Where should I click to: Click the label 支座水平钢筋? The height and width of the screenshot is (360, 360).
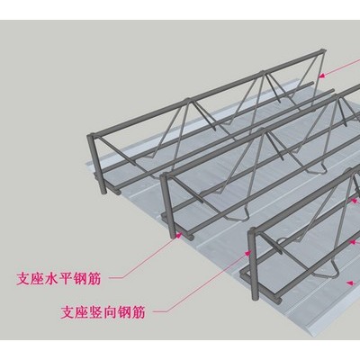point(58,279)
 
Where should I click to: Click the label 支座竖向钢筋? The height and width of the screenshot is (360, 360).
point(103,312)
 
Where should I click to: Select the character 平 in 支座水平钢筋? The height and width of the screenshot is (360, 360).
point(66,279)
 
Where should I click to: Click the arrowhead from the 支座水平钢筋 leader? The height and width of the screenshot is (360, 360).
point(179,235)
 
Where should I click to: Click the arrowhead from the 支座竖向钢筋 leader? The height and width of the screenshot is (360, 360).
point(247,254)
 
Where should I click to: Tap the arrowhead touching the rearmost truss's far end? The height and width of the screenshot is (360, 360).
point(321,76)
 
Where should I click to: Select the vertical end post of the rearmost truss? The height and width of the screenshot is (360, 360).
point(97,164)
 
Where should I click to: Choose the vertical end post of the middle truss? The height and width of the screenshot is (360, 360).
point(167,206)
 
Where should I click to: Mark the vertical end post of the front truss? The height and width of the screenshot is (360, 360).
point(253,264)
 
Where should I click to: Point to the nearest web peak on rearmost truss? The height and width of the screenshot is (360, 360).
point(188,100)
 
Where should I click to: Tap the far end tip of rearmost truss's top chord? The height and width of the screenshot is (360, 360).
point(322,51)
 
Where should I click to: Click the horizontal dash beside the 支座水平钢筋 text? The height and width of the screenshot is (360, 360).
point(115,278)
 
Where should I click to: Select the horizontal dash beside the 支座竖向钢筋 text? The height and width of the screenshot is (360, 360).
point(159,311)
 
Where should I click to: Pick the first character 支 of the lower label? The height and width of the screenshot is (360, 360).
point(67,312)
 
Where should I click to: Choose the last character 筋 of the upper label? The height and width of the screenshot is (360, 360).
point(94,279)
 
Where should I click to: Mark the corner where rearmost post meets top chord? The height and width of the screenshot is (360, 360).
point(91,136)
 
